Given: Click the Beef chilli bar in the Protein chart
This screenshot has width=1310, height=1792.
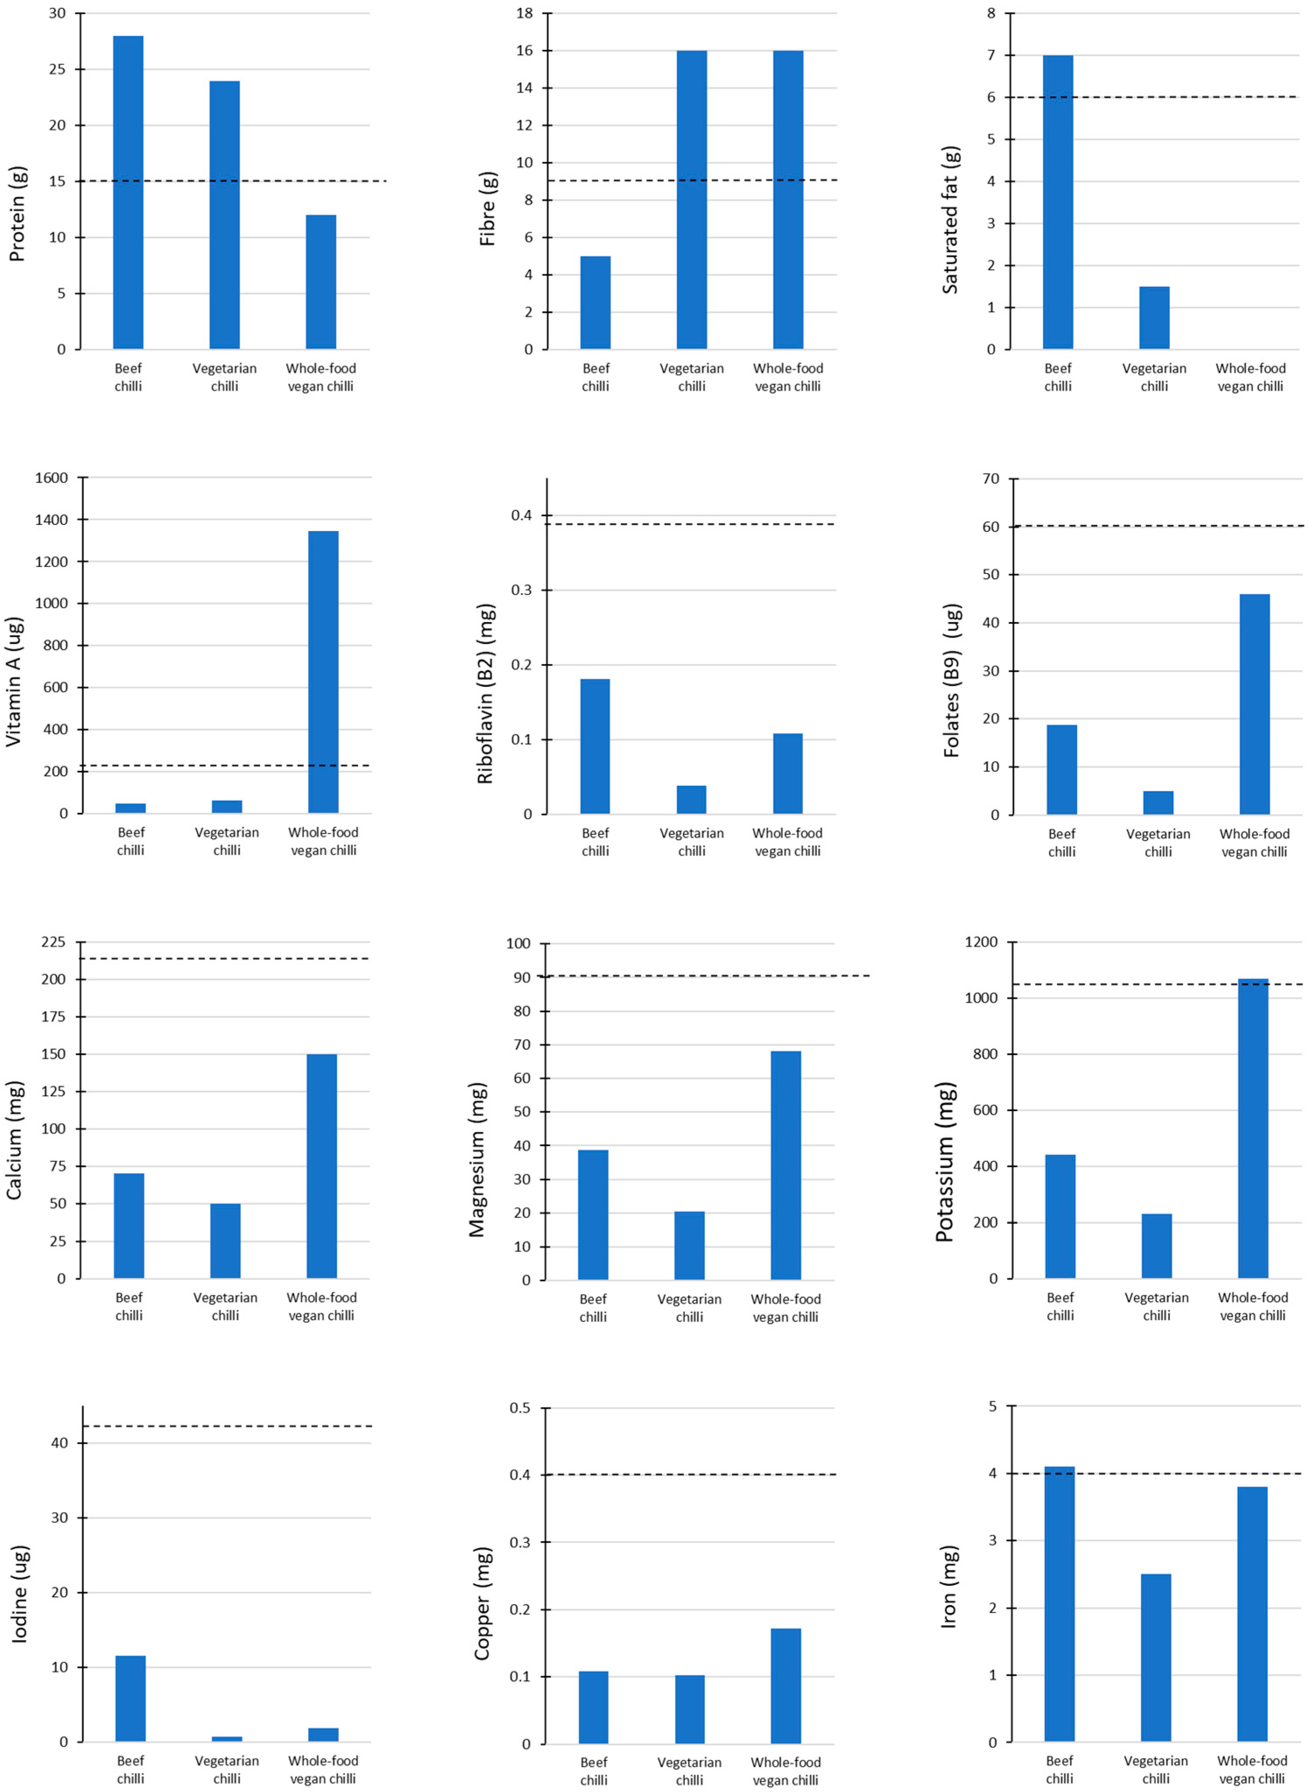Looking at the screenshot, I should point(128,193).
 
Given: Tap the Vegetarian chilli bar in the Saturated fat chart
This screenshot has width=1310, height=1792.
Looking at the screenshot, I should point(1154,318).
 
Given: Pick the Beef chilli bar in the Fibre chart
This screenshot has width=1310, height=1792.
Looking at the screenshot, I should point(595,303).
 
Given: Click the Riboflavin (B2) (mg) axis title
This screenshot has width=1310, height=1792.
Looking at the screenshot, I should point(485,694).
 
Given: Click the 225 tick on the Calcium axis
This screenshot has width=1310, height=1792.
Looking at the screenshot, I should point(54,942).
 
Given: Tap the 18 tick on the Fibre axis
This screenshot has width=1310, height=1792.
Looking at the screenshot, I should point(525,14).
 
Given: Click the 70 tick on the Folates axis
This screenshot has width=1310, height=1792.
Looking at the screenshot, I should point(991,479).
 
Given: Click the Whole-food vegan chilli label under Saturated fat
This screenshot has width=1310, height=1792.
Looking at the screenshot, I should point(1251,377).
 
